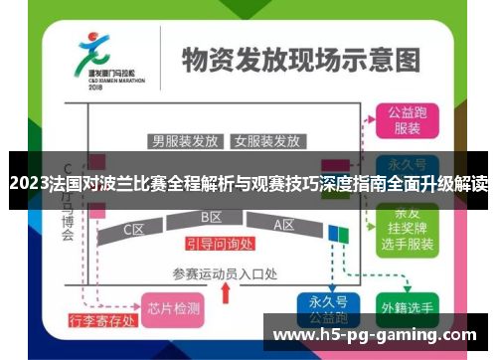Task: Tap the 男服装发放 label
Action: (x=184, y=140)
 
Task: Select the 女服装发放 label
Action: (x=266, y=140)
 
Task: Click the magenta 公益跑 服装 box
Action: (x=407, y=121)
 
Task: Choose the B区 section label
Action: (x=211, y=218)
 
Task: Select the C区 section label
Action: (x=134, y=230)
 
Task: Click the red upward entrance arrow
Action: (x=226, y=292)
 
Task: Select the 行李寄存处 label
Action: (x=102, y=321)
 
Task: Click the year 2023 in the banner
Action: (x=27, y=182)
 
